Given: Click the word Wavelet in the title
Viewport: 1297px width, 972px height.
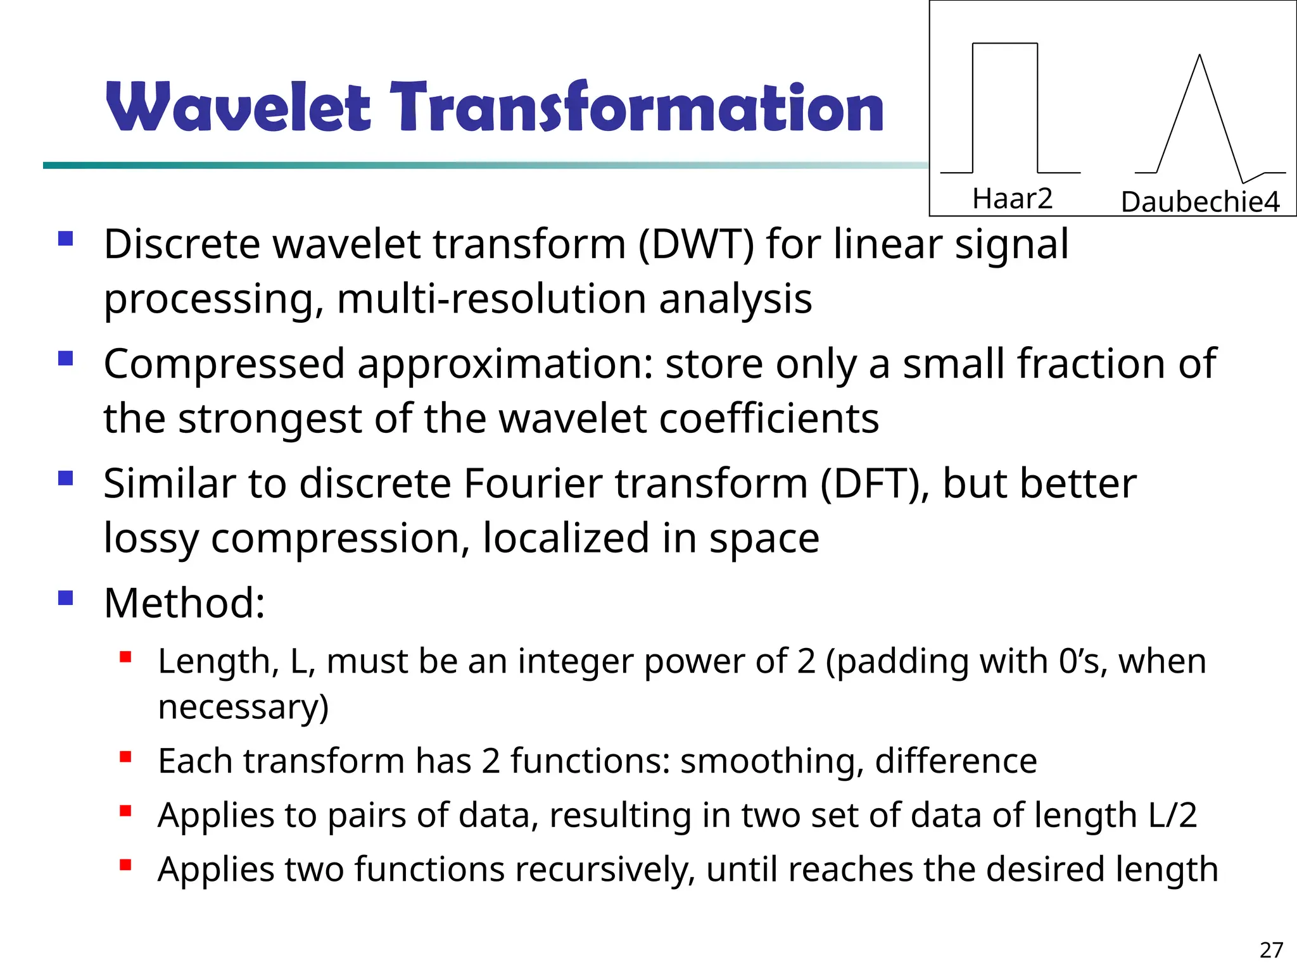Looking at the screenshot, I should point(237,108).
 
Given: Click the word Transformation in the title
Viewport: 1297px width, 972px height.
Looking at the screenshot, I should point(636,108).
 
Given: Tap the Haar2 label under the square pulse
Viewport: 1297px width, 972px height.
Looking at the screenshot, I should point(1012,199).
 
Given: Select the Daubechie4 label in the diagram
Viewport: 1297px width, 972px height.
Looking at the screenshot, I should point(1200,202).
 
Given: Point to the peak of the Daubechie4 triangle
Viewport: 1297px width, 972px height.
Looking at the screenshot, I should point(1199,57).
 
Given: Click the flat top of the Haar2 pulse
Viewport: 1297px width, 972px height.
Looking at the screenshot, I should point(1004,44).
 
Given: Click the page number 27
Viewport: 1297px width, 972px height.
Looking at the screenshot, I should point(1271,950).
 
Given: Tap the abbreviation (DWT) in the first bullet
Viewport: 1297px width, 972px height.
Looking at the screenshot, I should point(696,244).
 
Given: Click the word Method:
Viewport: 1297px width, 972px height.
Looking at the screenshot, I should point(184,603).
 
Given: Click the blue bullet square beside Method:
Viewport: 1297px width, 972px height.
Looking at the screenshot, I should point(65,597).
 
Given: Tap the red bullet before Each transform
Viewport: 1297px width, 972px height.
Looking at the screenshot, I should point(125,756).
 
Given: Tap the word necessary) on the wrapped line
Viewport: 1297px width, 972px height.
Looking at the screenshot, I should point(243,707).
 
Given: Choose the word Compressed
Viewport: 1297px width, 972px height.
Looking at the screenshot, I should point(224,364).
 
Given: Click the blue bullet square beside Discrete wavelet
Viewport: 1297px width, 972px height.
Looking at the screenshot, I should point(65,239).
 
